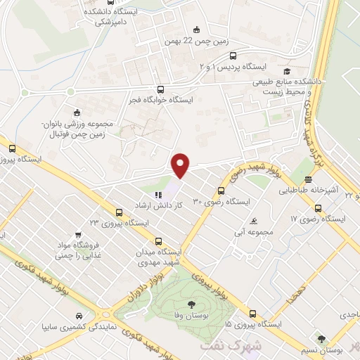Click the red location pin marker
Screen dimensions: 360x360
181,165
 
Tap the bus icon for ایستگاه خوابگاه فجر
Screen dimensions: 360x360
161,89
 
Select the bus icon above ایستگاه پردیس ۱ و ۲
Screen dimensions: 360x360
233,58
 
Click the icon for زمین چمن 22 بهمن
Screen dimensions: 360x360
196,30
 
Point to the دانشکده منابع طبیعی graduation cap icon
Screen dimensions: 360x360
286,71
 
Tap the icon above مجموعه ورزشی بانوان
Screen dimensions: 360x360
77,112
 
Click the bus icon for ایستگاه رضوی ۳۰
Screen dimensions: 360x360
221,190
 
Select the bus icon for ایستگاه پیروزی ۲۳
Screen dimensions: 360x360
119,211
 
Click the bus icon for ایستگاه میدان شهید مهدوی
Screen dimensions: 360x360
157,240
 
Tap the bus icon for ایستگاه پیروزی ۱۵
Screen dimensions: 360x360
252,314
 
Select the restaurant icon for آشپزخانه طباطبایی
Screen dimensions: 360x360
309,180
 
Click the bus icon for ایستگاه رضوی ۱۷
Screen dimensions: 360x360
318,208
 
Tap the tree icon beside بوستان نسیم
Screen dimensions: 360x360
321,339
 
